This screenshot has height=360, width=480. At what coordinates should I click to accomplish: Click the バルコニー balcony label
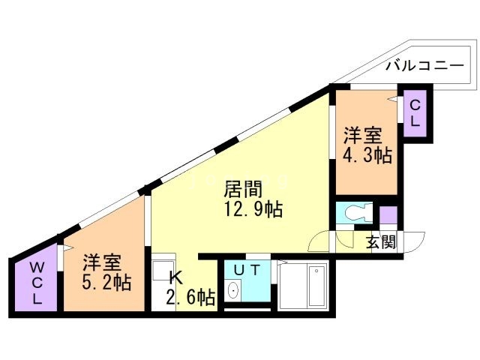coord(424,65)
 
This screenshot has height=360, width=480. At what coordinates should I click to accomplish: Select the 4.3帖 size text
coord(367,155)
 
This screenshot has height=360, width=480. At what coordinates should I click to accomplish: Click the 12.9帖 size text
coord(252,209)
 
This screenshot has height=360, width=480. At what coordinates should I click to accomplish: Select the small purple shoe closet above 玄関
coord(388,214)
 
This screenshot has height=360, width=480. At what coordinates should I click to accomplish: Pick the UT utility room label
coord(244,268)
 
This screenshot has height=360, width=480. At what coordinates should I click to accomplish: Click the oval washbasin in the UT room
coord(234,290)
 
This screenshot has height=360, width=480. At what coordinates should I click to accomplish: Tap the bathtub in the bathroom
coord(307,287)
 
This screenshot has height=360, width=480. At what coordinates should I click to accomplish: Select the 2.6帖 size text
coord(190,298)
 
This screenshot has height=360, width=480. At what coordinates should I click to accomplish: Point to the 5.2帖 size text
coord(106,283)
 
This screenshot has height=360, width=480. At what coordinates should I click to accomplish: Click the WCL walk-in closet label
coord(36,283)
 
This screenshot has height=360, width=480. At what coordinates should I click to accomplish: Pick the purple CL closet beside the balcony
coord(414,112)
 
